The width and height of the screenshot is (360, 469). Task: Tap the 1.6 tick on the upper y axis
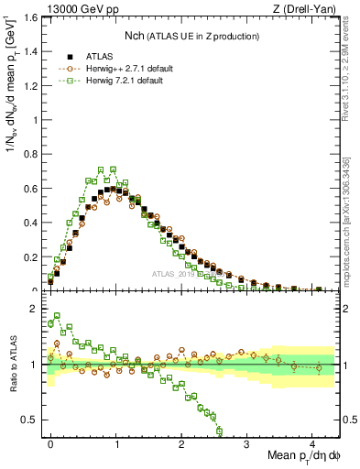click(32, 17)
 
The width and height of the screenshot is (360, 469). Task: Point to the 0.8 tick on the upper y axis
click(32, 154)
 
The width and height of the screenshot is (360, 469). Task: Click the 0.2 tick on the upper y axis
click(32, 256)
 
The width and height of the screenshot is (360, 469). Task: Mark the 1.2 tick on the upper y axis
click(32, 85)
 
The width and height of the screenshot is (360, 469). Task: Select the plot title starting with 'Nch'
click(191, 36)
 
